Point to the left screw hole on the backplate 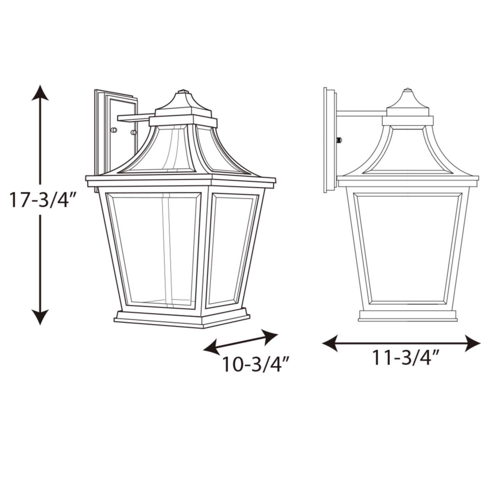click(113, 130)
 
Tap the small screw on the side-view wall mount click(340, 139)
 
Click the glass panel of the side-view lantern click(407, 247)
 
